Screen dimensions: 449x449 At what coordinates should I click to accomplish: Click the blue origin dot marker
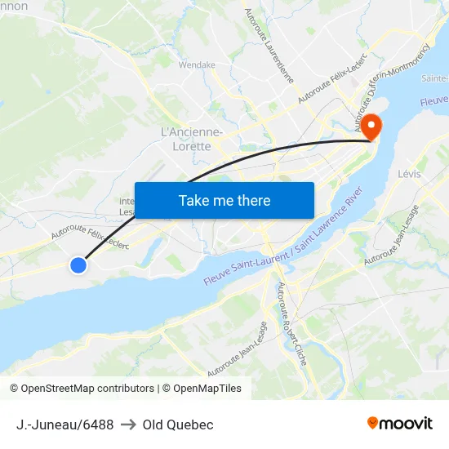click(78, 265)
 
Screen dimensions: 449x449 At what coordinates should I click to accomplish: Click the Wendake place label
click(197, 65)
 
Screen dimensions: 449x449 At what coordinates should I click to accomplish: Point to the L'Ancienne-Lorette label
click(192, 139)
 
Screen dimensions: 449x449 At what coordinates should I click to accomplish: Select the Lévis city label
click(409, 174)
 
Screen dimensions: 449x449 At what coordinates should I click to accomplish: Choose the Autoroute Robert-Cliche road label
click(291, 323)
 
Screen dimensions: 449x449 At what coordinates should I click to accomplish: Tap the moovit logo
click(399, 424)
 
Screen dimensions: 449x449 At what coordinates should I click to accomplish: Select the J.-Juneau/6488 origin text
click(64, 425)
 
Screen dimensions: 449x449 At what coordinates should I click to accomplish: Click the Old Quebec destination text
click(178, 425)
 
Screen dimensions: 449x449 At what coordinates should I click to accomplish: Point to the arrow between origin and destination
click(128, 425)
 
